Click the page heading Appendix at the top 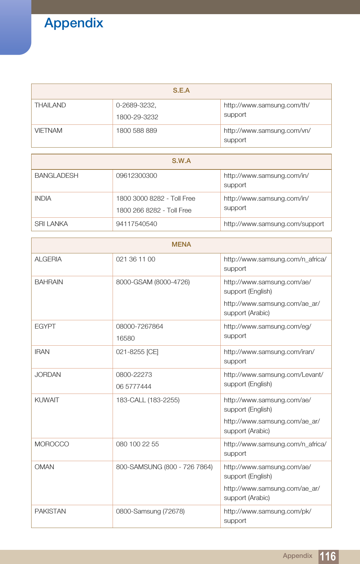74,23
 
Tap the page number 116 328,556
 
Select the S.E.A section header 181,91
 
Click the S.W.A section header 181,161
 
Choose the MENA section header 181,245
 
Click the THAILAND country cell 50,105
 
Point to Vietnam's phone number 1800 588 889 136,131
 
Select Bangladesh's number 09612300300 136,176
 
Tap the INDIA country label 43,199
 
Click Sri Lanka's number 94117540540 136,224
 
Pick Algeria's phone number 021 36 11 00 135,259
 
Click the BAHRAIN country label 49,282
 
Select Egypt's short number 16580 125,339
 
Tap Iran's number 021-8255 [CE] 137,352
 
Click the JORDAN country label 48,375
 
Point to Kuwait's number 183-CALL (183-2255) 148,400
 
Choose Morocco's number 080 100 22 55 137,444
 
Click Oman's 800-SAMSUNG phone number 164,467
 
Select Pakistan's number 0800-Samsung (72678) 150,512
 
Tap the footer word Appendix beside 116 297,556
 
